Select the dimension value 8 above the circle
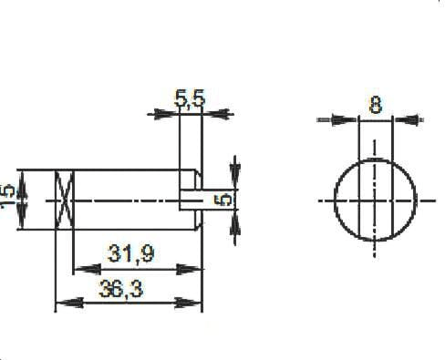(375, 104)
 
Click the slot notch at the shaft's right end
(192, 200)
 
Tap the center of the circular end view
(375, 200)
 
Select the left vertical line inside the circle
(359, 200)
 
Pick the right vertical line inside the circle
(389, 200)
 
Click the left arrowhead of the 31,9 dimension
(80, 269)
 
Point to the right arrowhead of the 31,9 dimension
(192, 269)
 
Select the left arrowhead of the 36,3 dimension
(64, 302)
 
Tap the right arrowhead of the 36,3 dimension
(192, 302)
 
